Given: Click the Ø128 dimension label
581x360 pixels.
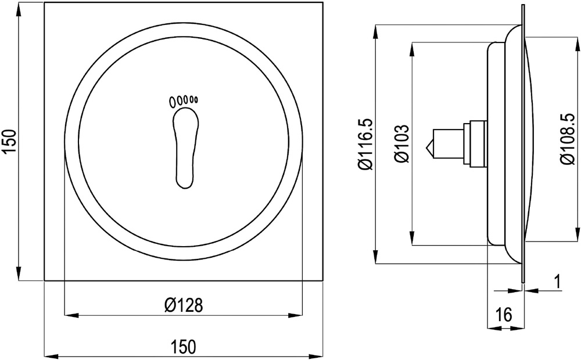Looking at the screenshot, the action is pyautogui.click(x=184, y=305).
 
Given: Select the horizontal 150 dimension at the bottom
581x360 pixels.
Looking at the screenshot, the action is pyautogui.click(x=183, y=347).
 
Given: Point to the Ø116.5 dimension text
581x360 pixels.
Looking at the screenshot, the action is pyautogui.click(x=365, y=144).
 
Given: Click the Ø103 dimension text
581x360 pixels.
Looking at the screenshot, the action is pyautogui.click(x=402, y=143).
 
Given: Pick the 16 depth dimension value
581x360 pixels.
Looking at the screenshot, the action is pyautogui.click(x=504, y=315).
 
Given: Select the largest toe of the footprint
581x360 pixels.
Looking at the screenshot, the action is pyautogui.click(x=173, y=102).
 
